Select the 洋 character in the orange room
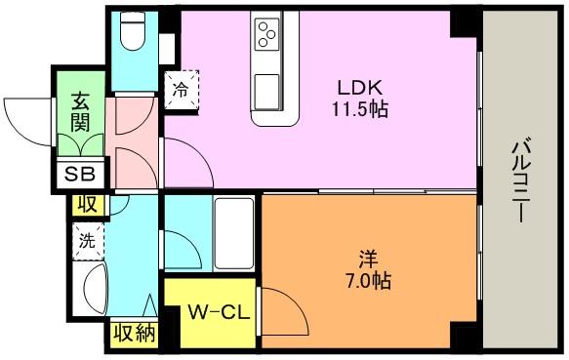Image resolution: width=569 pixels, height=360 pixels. click(367, 259)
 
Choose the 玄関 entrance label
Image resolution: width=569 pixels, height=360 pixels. click(80, 110)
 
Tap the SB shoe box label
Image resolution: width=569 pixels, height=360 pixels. click(78, 176)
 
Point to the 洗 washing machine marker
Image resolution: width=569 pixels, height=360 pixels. click(85, 240)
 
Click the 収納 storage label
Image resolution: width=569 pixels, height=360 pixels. click(134, 335)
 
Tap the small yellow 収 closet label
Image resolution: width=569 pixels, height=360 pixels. click(87, 204)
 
